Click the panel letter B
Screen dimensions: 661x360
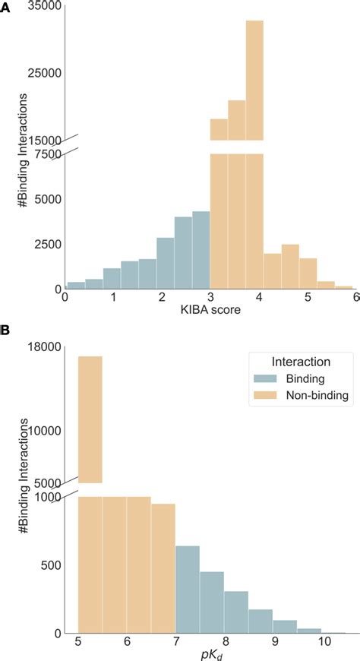pos(6,331)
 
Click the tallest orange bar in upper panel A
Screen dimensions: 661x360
pos(254,80)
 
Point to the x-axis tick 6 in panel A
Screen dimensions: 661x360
pos(355,297)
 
